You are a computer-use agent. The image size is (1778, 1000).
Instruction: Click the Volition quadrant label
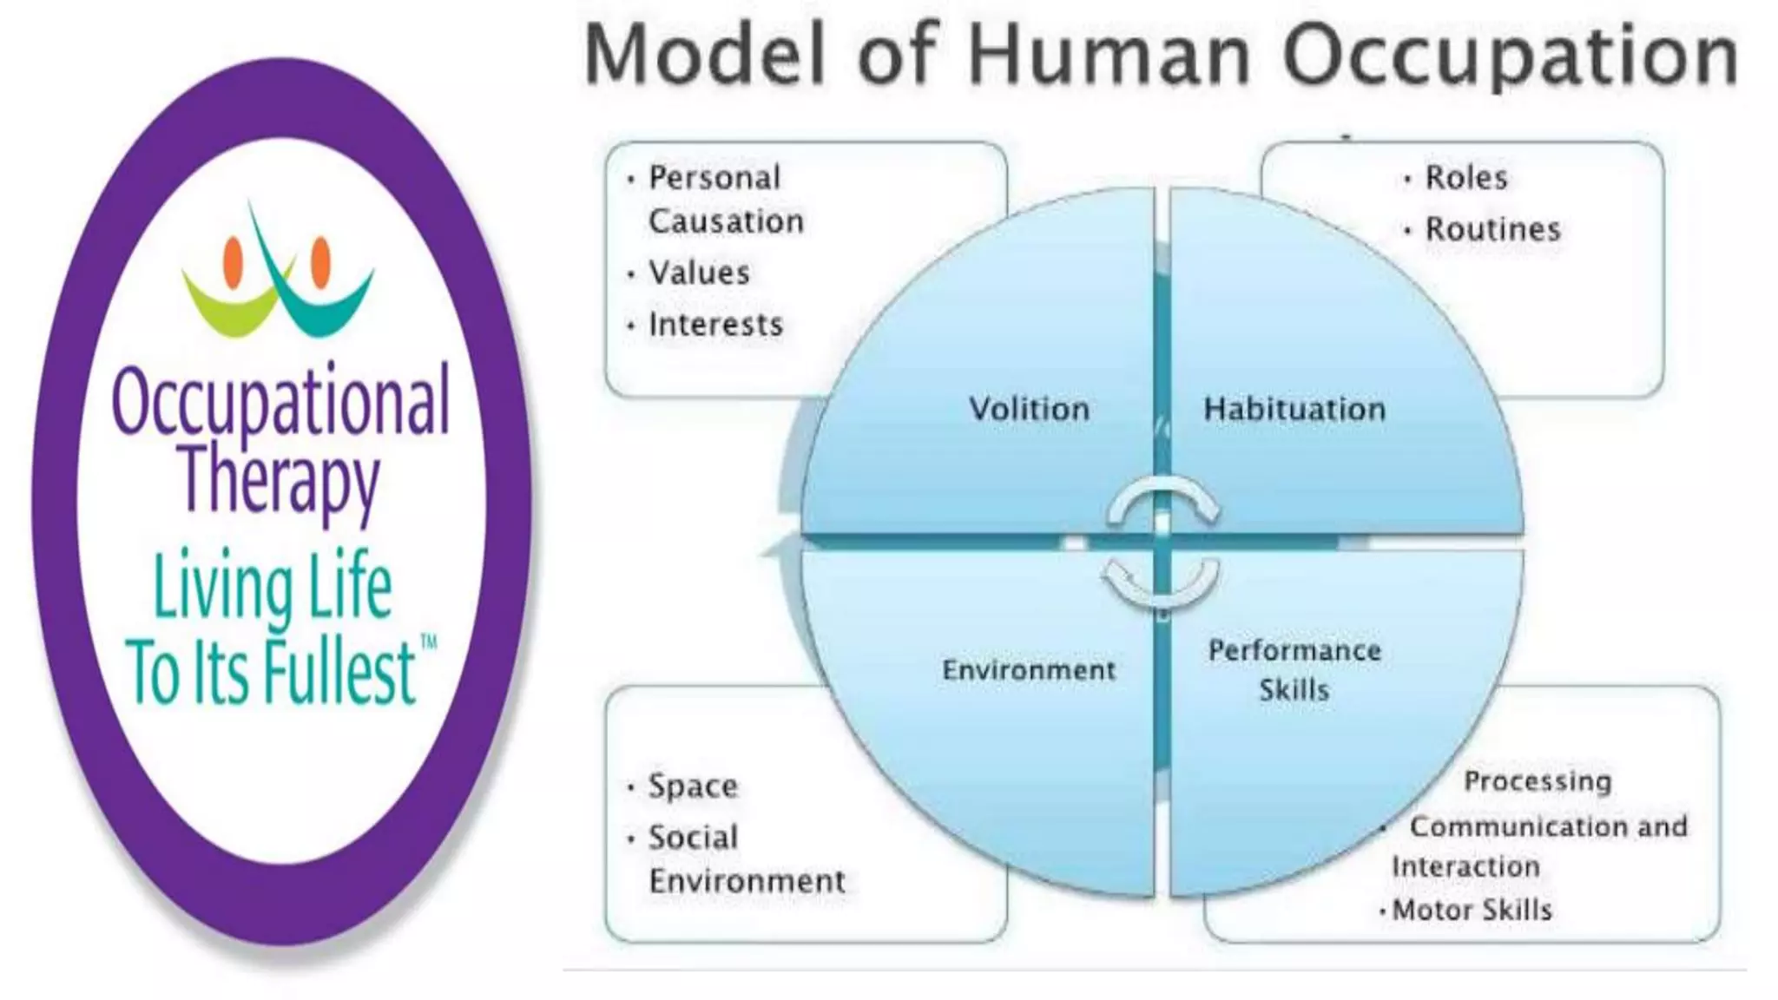1029,409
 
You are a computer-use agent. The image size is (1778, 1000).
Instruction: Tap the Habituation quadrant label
1294,409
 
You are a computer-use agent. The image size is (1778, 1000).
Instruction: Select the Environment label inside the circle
1029,670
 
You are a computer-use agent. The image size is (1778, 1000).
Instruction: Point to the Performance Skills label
1294,669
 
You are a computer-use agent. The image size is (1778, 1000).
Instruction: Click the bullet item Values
699,273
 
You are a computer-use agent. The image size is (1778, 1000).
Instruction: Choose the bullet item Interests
715,325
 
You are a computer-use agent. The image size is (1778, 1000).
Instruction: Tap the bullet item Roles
1465,178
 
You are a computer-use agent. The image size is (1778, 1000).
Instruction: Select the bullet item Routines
1492,229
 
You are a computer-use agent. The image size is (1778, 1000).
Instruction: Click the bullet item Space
693,786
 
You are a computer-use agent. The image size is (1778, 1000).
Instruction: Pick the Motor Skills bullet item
1472,910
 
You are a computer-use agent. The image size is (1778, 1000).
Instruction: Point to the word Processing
1537,781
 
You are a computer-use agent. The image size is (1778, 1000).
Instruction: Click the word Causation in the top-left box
726,221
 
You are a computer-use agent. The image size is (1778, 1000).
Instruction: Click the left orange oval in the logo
233,261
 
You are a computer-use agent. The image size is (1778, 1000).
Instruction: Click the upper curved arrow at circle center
1163,500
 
